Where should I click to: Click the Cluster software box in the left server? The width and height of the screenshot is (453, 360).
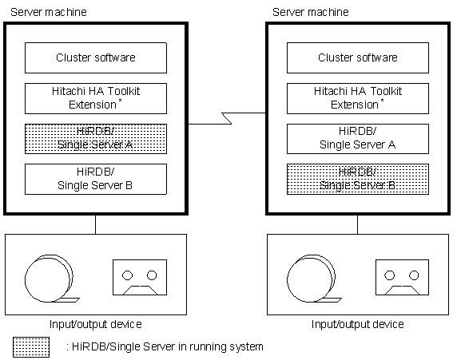pyautogui.click(x=96, y=57)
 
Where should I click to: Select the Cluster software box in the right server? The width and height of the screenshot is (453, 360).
pyautogui.click(x=358, y=57)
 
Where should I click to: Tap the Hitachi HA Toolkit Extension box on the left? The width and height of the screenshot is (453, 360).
pyautogui.click(x=96, y=98)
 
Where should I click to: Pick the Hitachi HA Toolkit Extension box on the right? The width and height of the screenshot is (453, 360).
pyautogui.click(x=358, y=98)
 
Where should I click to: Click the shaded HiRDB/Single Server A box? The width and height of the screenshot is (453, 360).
pyautogui.click(x=96, y=139)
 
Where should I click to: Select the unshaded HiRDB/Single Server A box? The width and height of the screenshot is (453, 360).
pyautogui.click(x=358, y=139)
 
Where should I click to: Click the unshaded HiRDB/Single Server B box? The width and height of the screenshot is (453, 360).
pyautogui.click(x=96, y=180)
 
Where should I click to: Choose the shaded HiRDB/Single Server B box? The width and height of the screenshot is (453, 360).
pyautogui.click(x=358, y=180)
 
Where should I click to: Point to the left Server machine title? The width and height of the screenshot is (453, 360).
pyautogui.click(x=49, y=12)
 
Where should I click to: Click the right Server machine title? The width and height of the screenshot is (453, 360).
pyautogui.click(x=311, y=12)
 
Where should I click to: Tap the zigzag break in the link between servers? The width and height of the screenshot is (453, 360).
pyautogui.click(x=227, y=118)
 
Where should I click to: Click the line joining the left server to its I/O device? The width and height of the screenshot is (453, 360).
pyautogui.click(x=95, y=224)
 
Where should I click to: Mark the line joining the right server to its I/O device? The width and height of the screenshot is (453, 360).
pyautogui.click(x=357, y=224)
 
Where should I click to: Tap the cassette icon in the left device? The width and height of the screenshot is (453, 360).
pyautogui.click(x=140, y=277)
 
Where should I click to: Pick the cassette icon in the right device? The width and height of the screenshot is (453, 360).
pyautogui.click(x=402, y=277)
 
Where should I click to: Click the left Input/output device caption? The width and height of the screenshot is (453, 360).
pyautogui.click(x=96, y=325)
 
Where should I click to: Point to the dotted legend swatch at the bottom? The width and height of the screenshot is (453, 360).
pyautogui.click(x=31, y=347)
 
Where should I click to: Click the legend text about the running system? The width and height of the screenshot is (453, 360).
pyautogui.click(x=165, y=346)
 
